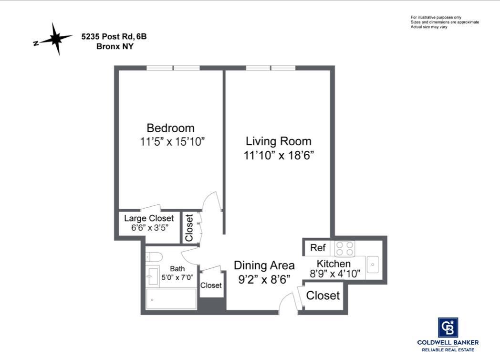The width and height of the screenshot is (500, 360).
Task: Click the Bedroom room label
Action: coord(170,128)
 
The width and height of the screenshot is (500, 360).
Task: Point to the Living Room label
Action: coord(278,141)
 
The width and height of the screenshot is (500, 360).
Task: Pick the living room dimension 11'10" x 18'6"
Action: coord(278,156)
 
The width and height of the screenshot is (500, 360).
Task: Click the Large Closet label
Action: coord(149,218)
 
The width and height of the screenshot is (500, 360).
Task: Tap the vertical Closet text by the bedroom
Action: coord(189,228)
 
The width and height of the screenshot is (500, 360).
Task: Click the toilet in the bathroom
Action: coord(154,256)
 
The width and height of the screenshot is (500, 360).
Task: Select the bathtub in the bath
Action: coord(171,299)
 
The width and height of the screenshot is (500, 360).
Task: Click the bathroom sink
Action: coord(153,276)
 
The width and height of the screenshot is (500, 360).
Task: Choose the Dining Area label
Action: coord(264,265)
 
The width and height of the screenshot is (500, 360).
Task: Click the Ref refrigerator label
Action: coord(318,248)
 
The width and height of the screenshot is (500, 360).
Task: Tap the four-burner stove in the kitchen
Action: coord(345,249)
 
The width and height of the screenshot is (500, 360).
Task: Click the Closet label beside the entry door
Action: coord(323,296)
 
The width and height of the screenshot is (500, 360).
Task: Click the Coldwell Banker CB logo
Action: coord(448,328)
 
